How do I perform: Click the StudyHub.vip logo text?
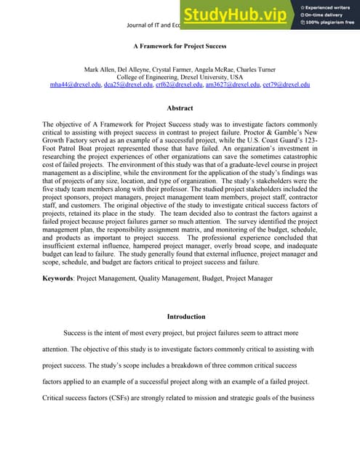point(233,15)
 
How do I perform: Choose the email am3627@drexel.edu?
point(230,84)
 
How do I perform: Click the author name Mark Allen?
point(103,68)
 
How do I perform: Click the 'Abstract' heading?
point(180,108)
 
